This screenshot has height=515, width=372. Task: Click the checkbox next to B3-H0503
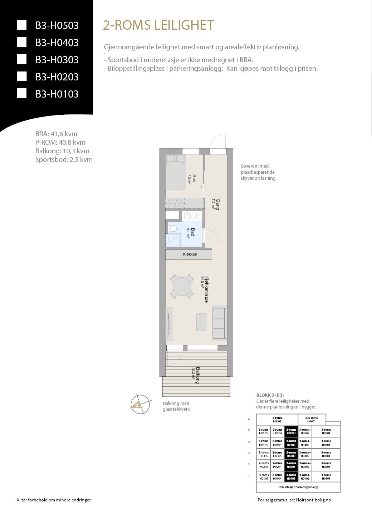pyautogui.click(x=22, y=25)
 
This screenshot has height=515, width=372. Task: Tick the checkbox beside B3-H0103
pyautogui.click(x=22, y=94)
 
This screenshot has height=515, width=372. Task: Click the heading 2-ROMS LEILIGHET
pyautogui.click(x=158, y=25)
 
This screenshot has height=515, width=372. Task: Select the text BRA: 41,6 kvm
pyautogui.click(x=56, y=134)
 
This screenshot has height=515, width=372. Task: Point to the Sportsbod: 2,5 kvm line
pyautogui.click(x=64, y=160)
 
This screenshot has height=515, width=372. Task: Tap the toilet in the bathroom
pyautogui.click(x=172, y=228)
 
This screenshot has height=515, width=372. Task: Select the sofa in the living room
pyautogui.click(x=220, y=323)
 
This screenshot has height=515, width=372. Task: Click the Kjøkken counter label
pyautogui.click(x=190, y=254)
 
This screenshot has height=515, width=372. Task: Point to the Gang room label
pyautogui.click(x=216, y=204)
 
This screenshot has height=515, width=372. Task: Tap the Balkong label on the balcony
pyautogui.click(x=195, y=375)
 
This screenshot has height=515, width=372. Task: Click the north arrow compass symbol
pyautogui.click(x=140, y=405)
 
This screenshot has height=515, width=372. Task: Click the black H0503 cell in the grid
pyautogui.click(x=291, y=431)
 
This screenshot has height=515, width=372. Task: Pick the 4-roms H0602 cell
pyautogui.click(x=277, y=420)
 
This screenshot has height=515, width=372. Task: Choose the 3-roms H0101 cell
pyautogui.click(x=326, y=477)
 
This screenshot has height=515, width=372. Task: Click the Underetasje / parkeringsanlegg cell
pyautogui.click(x=298, y=487)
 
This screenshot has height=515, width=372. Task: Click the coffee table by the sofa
pyautogui.click(x=201, y=322)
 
